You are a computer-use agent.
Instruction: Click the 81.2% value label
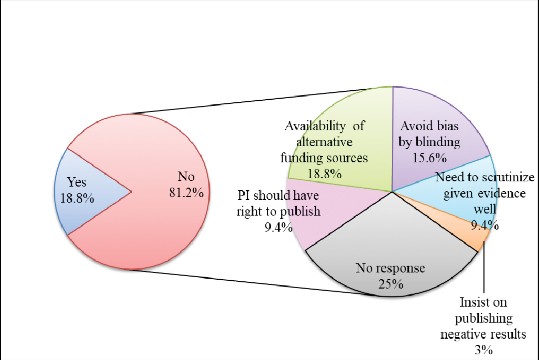[186, 193]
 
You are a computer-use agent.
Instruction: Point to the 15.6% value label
[429, 158]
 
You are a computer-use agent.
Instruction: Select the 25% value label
[391, 284]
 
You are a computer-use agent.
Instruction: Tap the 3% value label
[484, 350]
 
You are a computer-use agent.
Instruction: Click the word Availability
[315, 126]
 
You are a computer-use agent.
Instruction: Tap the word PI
[243, 196]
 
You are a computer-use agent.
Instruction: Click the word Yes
[77, 182]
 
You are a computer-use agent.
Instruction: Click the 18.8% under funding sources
[324, 173]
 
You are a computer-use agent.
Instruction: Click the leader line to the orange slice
[484, 269]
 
